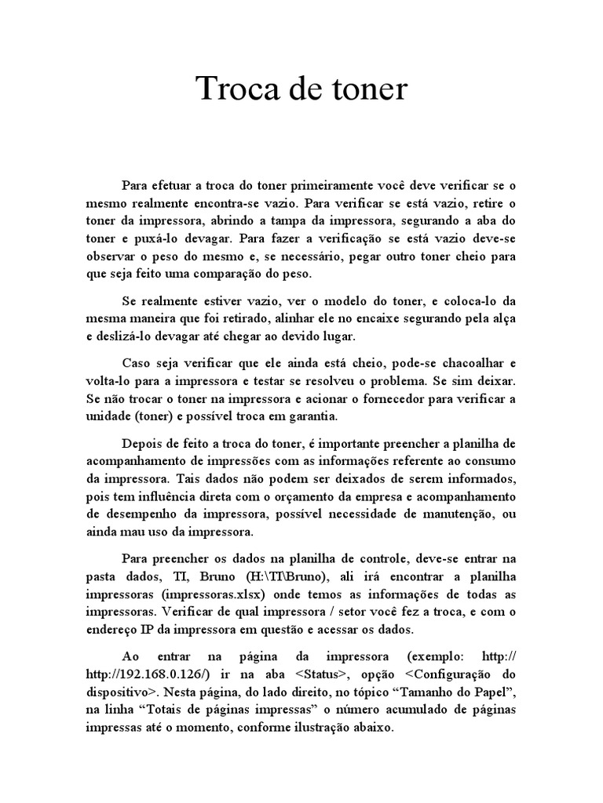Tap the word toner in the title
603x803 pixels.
click(368, 89)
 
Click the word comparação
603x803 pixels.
click(237, 274)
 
